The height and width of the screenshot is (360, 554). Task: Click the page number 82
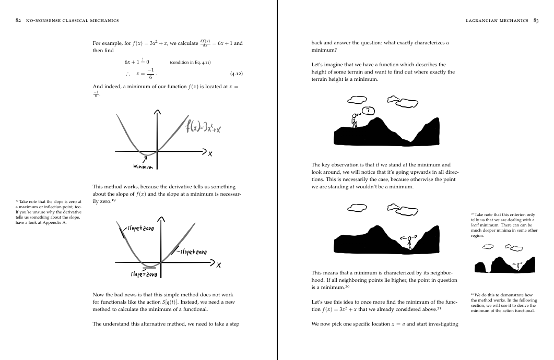(x=19, y=20)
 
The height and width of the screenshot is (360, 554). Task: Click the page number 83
(x=536, y=20)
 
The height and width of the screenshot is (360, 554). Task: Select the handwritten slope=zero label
(x=144, y=274)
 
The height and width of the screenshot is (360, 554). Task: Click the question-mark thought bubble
(x=369, y=111)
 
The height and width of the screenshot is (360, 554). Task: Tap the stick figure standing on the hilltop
(x=355, y=120)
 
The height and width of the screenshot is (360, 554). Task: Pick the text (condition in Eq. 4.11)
(x=190, y=62)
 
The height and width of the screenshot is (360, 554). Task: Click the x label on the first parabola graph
(x=210, y=153)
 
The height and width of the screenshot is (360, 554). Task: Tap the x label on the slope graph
(x=219, y=265)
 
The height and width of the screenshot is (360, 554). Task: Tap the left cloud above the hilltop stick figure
(x=358, y=99)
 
